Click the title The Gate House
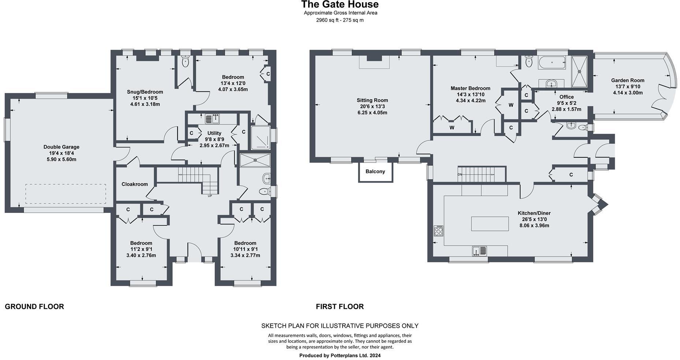pos(340,5)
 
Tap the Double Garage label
pos(61,147)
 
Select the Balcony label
pos(375,172)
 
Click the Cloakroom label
pos(135,184)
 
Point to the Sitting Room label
pos(372,100)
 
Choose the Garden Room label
pos(628,80)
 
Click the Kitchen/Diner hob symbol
pos(438,230)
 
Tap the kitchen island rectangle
pos(490,224)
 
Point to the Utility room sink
pos(212,119)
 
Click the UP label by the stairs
pos(210,196)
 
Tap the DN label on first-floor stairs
pos(460,175)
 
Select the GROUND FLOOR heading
pos(34,307)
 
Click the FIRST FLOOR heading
pos(340,307)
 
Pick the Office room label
pos(567,97)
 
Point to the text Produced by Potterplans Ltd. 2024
pos(340,355)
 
